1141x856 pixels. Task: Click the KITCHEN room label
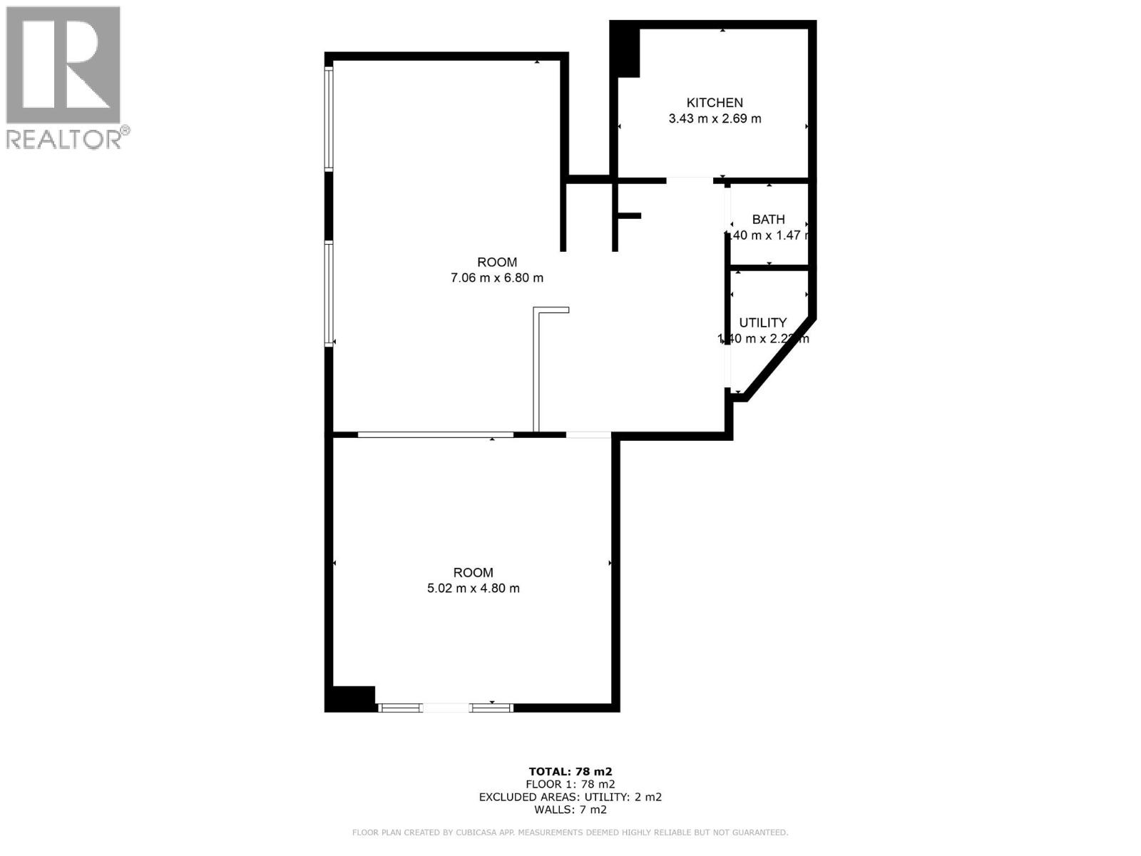coord(715,103)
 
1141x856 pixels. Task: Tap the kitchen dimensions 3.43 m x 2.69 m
coord(715,119)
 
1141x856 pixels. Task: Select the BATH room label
coord(768,220)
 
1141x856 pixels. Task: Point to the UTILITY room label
coord(762,322)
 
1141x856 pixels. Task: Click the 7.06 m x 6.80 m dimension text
coord(496,278)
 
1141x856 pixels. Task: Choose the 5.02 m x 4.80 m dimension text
coord(473,588)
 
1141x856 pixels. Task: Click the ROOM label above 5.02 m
coord(473,572)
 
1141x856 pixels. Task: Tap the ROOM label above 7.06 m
coord(496,262)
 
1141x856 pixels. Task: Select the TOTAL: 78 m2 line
coord(570,771)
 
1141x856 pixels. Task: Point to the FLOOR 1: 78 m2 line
coord(570,784)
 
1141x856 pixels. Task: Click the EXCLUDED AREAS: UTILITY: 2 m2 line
coord(570,797)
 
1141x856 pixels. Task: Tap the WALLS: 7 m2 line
coord(570,810)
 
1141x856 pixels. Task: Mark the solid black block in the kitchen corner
coord(626,51)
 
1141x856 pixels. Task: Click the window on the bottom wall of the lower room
coord(445,708)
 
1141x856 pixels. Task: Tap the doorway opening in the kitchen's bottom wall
coord(690,180)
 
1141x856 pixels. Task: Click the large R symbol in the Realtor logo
coord(63,64)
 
